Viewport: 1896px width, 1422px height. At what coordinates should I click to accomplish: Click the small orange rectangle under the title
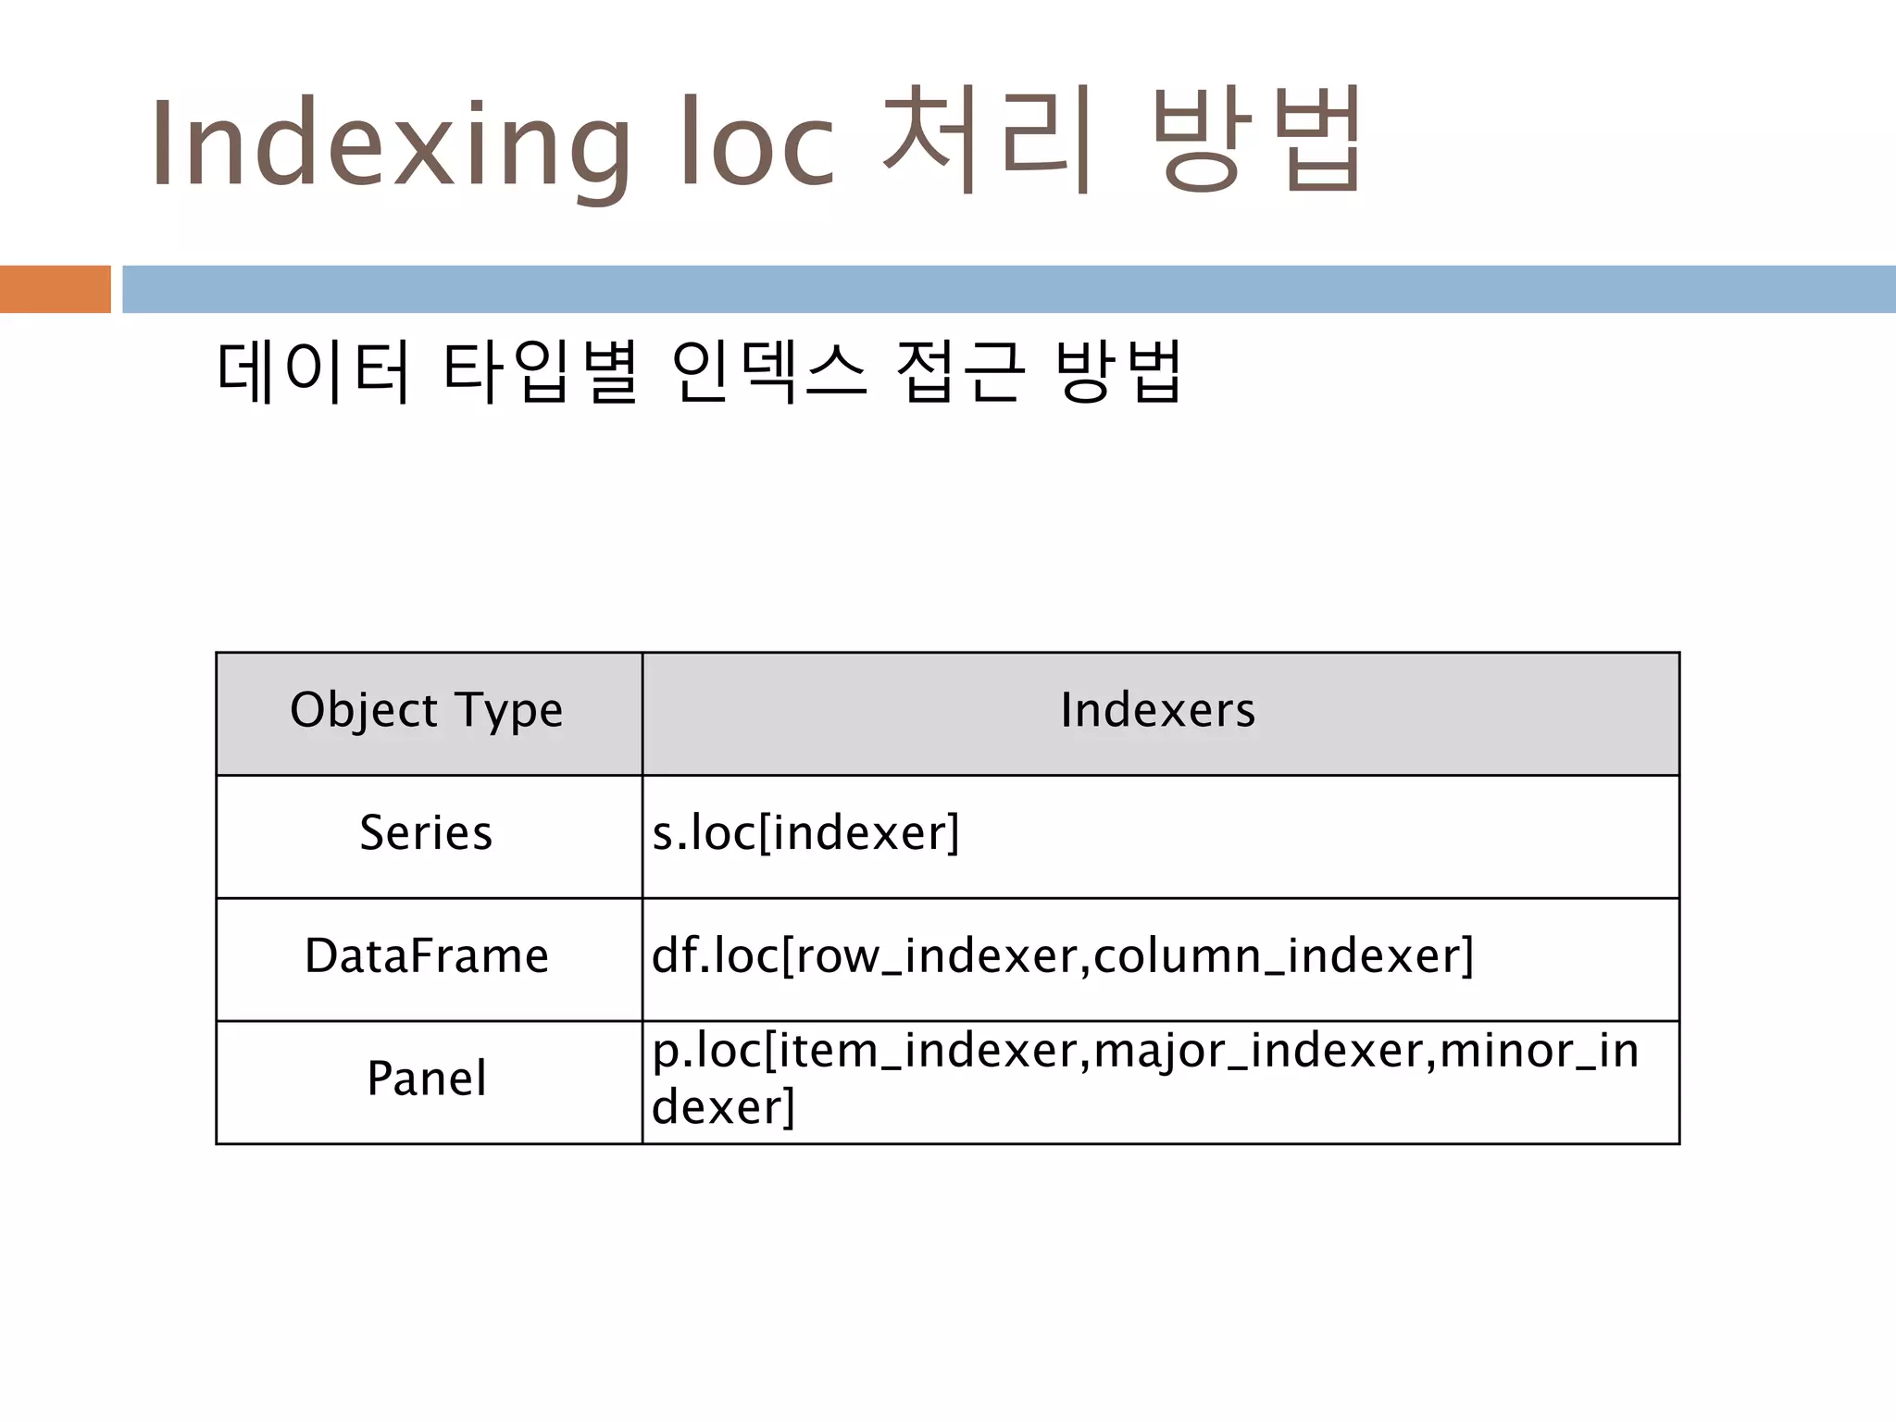[55, 289]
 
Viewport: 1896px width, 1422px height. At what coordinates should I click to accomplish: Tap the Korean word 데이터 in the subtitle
[313, 371]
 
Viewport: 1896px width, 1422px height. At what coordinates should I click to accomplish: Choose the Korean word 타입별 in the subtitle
[541, 371]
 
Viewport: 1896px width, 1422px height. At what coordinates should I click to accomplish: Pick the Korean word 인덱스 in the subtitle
[769, 371]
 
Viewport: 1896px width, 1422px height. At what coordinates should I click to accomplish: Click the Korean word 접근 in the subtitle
[961, 371]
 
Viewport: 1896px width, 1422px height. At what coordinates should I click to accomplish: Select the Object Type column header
[427, 711]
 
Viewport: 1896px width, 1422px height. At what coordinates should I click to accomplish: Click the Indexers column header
[1158, 711]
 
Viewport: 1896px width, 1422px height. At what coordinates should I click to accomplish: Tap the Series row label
[426, 833]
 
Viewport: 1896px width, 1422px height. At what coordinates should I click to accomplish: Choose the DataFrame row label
[427, 956]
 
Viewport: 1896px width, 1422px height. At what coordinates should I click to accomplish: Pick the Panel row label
[427, 1079]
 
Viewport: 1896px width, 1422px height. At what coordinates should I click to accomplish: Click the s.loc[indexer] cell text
[805, 833]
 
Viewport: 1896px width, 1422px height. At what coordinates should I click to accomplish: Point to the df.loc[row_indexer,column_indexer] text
[1062, 956]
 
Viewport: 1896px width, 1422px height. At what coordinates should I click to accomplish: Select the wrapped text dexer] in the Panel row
[723, 1107]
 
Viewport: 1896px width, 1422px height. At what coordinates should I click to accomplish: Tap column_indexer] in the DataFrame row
[1283, 956]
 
